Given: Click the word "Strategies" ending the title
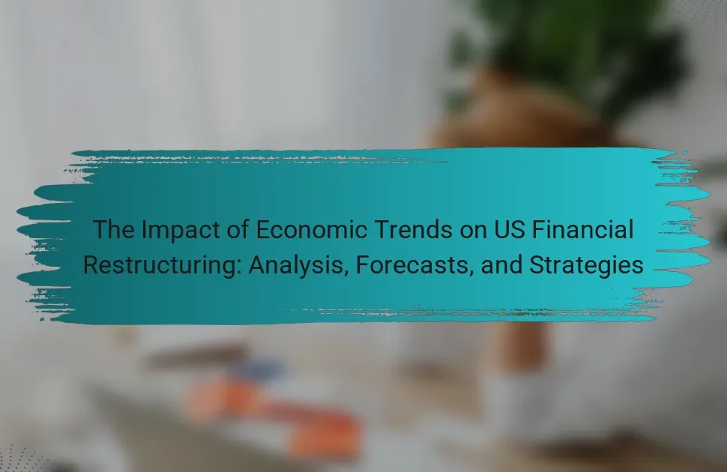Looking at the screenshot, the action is tap(586, 266).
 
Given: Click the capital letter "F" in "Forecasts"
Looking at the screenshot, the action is tap(362, 266).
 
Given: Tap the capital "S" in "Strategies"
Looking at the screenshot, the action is tap(536, 266).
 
